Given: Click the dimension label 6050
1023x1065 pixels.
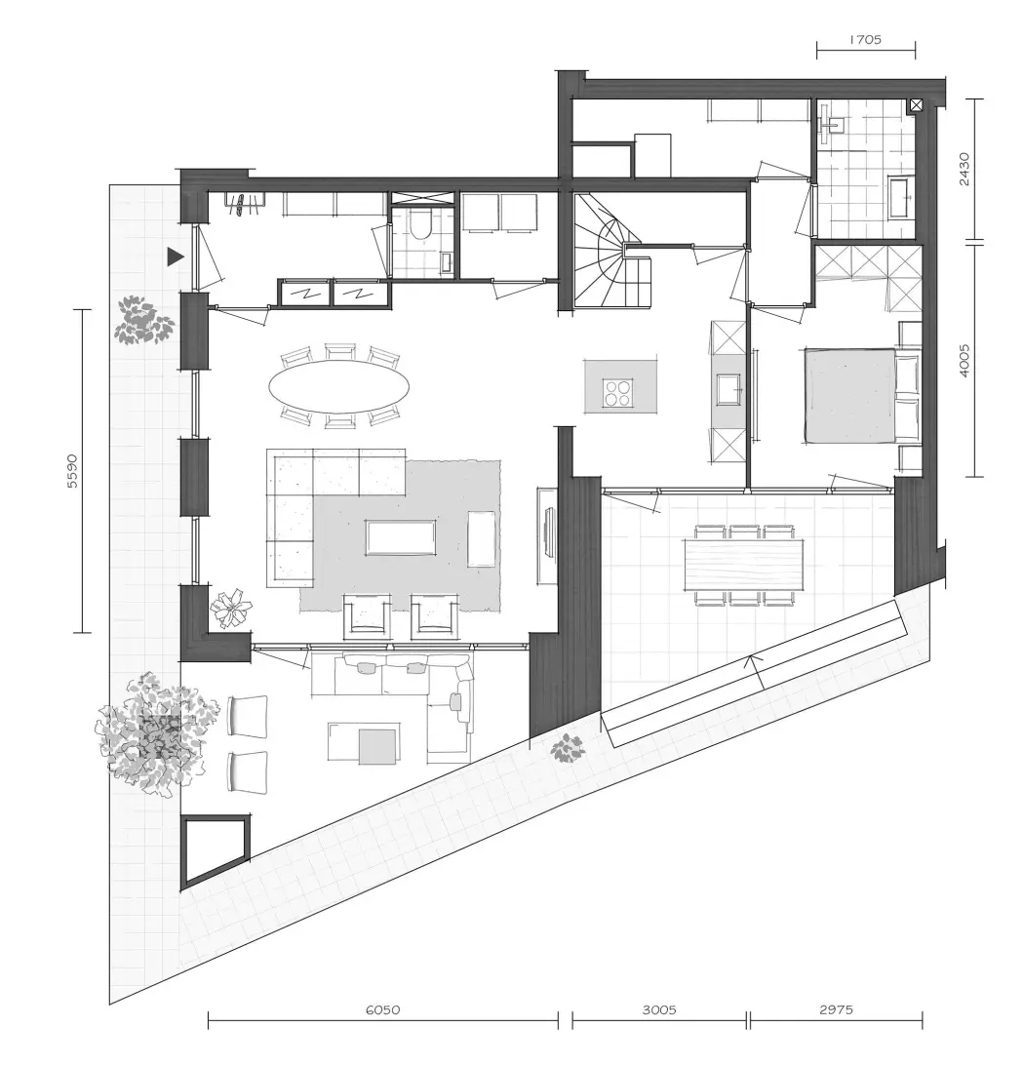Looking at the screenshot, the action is [382, 1010].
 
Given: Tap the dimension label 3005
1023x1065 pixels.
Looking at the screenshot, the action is [659, 1010].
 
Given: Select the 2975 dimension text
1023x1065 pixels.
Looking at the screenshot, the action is [836, 1010].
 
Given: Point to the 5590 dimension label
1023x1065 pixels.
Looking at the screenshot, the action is [73, 471].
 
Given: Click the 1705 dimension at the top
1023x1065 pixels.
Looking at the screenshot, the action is [865, 39].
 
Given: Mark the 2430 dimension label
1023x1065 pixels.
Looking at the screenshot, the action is [964, 170].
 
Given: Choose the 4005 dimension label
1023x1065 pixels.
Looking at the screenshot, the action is [964, 361].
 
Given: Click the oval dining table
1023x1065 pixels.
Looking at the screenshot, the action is [339, 386].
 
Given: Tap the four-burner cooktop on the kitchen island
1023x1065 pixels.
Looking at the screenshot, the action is [619, 392].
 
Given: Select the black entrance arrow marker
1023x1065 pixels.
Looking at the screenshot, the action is [176, 256].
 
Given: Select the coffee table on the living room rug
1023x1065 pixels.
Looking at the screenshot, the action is [401, 538].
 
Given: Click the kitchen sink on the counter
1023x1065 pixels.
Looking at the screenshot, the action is [728, 389].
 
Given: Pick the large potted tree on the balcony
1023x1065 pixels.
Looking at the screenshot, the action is [157, 734].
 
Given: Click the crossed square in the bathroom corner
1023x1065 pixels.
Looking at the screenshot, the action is [916, 105].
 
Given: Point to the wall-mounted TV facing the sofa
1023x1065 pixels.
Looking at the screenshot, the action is [548, 534].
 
